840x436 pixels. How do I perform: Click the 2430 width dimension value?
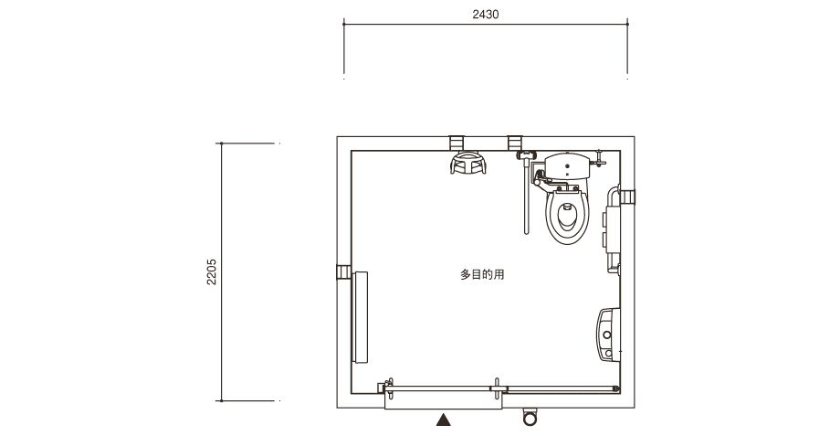coord(486,15)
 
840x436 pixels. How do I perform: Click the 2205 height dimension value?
coord(212,271)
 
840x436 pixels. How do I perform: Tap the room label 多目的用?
coord(482,274)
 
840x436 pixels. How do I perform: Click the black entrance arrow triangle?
coord(443,420)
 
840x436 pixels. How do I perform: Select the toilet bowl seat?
coord(567,216)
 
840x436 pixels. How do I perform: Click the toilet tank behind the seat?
coord(567,165)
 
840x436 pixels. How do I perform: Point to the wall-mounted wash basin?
coord(609,335)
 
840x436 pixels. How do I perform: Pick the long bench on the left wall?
coord(360,317)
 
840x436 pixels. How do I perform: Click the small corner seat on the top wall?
coord(468,163)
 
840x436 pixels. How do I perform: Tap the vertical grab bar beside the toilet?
coord(527,197)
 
